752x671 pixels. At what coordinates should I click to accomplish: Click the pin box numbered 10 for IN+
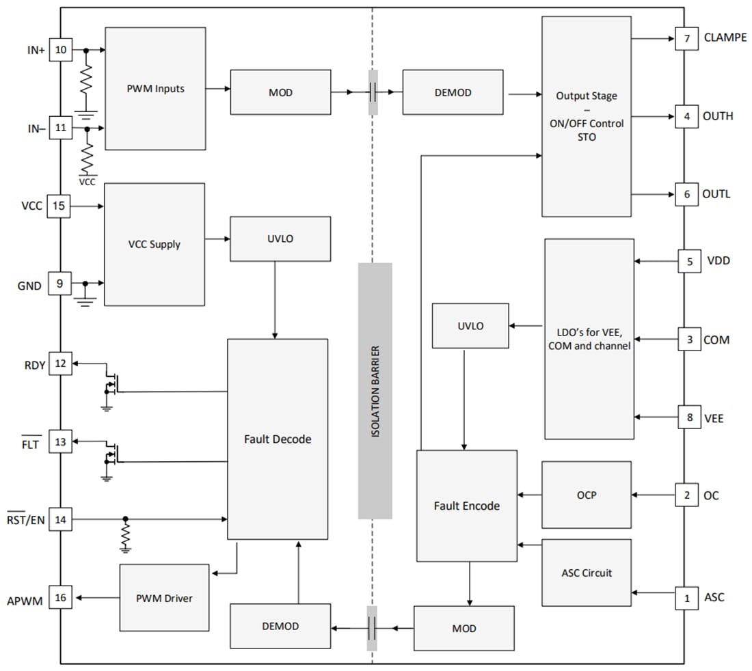[x=60, y=50]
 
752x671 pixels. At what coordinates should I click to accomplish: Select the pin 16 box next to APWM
[x=60, y=598]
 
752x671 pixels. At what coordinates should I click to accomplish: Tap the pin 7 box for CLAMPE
[x=686, y=38]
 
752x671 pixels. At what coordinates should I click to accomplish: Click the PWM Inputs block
[x=155, y=89]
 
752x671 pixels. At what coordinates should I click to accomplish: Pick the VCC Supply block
[x=154, y=245]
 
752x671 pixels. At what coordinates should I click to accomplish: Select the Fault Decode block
[x=277, y=439]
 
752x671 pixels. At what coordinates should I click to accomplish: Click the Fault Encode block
[x=466, y=506]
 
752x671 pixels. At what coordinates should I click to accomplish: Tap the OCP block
[x=586, y=495]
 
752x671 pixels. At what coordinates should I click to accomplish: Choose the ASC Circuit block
[x=586, y=573]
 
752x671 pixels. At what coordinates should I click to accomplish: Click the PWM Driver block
[x=164, y=598]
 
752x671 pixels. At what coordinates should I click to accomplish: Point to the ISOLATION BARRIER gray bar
[x=375, y=391]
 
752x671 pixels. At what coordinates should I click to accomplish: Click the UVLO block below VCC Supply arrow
[x=280, y=238]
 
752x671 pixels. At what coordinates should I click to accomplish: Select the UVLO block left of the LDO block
[x=470, y=326]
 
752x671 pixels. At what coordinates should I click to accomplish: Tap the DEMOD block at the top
[x=453, y=92]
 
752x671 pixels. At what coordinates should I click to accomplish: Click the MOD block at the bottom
[x=464, y=628]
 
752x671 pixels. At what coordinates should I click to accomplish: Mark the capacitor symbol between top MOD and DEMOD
[x=373, y=92]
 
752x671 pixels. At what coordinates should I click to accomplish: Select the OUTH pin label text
[x=718, y=116]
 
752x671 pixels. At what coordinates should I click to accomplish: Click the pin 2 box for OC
[x=686, y=495]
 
